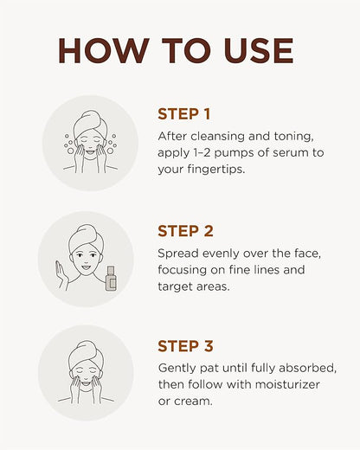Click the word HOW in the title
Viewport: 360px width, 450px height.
coord(104,51)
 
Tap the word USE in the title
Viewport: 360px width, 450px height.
coord(259,51)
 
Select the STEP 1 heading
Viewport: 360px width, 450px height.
coord(183,114)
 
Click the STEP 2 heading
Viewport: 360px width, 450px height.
coord(185,231)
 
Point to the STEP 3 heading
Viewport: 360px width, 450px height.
coord(185,346)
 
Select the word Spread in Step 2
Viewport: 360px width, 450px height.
coord(178,254)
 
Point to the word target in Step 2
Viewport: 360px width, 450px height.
coord(175,287)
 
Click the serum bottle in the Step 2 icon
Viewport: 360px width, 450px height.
coord(111,279)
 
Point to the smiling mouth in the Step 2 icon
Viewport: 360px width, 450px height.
coord(86,267)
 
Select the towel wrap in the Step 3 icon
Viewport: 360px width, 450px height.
coord(86,355)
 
